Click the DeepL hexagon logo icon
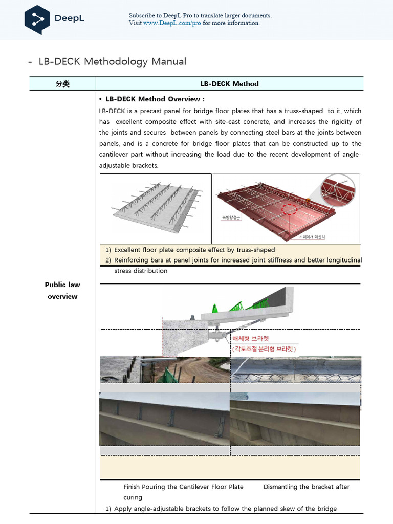tap(37, 19)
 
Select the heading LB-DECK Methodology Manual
tap(112, 62)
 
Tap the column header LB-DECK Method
tap(229, 84)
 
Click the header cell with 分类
tap(62, 84)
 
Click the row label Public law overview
tap(62, 291)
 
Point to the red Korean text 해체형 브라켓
tap(250, 339)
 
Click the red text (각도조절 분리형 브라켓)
tap(264, 348)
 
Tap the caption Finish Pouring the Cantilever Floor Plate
tap(183, 487)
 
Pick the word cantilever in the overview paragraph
tap(114, 155)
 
